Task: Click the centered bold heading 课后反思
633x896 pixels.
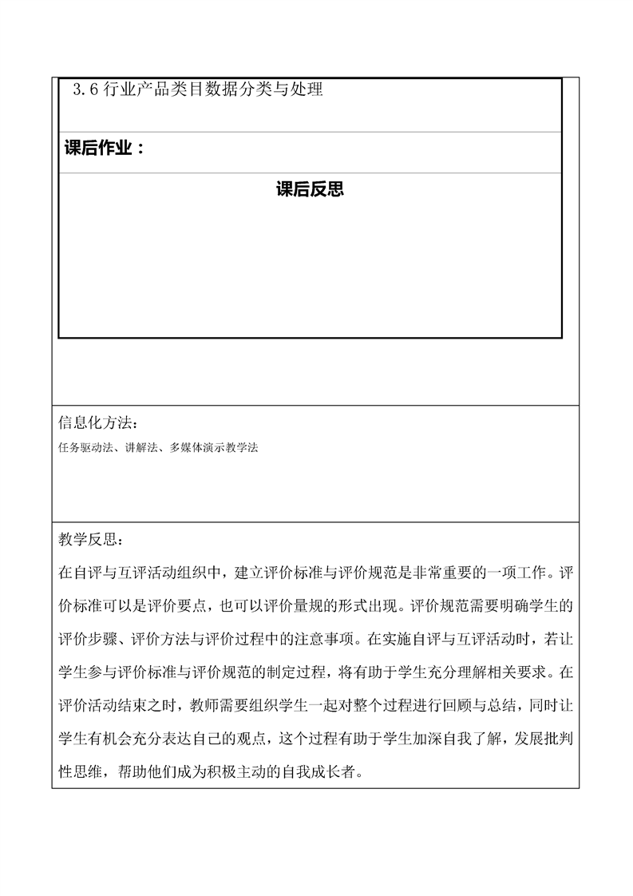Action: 310,189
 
